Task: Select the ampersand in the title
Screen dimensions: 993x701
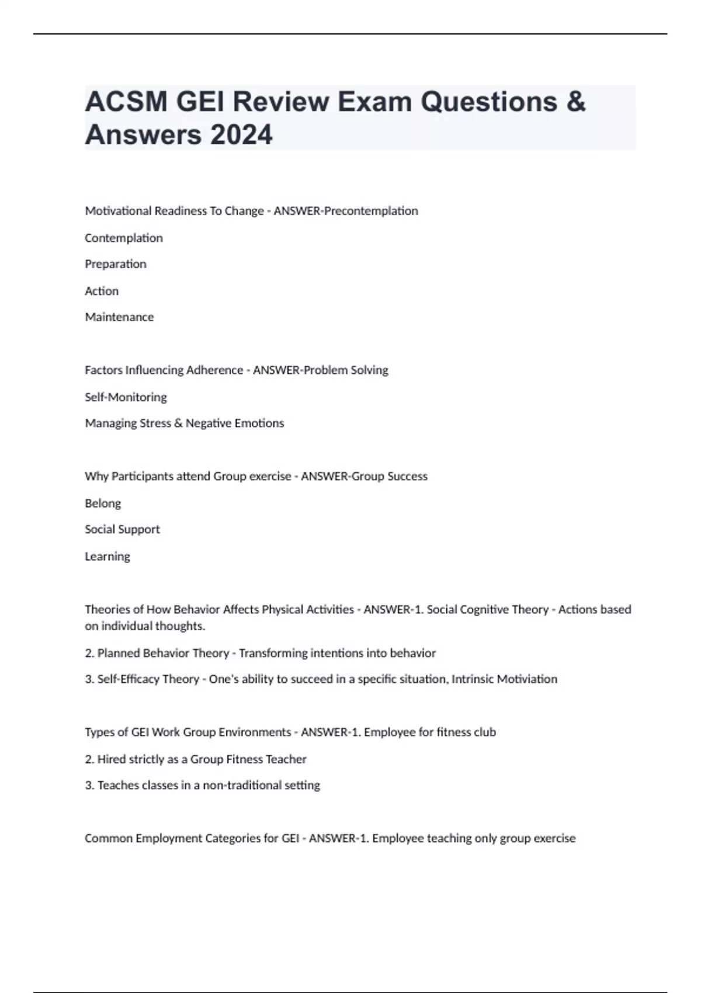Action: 576,101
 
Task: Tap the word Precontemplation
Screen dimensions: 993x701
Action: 371,211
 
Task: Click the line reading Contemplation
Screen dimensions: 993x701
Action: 124,238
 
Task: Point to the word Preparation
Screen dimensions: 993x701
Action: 116,264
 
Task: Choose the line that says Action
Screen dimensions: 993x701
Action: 102,291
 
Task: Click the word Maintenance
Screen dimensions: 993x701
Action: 119,317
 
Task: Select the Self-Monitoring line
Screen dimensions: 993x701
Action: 126,397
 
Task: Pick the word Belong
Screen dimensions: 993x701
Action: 103,504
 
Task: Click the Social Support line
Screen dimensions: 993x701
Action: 122,529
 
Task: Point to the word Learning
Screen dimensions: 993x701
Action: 107,557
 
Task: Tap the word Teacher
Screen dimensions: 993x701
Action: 286,759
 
